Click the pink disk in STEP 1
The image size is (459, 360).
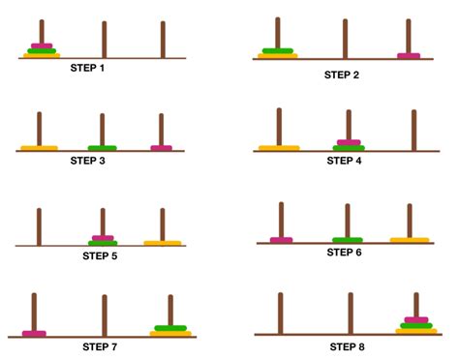tap(42, 45)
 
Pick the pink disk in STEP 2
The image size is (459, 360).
tap(409, 56)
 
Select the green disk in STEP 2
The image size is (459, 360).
tap(277, 50)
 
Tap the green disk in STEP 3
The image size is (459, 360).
tap(102, 148)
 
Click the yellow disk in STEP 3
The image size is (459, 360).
tap(39, 148)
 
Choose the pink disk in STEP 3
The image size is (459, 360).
tap(162, 148)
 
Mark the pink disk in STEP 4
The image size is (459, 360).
tap(349, 142)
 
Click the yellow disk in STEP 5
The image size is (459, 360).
tap(163, 243)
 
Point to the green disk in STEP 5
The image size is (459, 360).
tap(103, 241)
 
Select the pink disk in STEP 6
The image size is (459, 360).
tap(281, 240)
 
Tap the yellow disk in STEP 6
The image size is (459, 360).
tap(410, 239)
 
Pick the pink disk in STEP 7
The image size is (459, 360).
tap(34, 334)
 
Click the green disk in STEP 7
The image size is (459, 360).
tap(170, 328)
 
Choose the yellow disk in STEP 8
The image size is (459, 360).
tap(416, 331)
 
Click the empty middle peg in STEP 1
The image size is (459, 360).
tap(104, 39)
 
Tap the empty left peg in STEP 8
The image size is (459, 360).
tap(281, 312)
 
